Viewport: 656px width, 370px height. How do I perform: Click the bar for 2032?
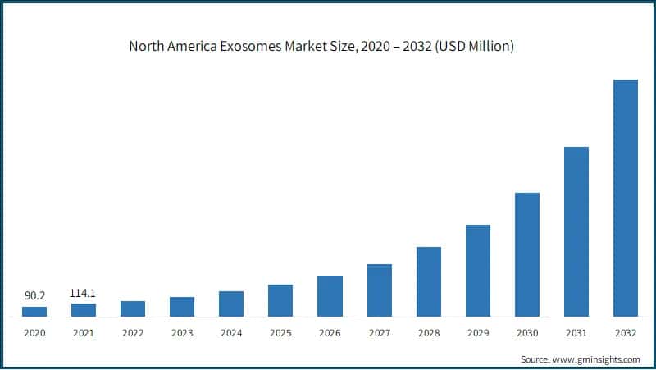[x=625, y=198]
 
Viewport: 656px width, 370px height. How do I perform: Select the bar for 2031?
[x=576, y=231]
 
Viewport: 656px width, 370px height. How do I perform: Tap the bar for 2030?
[x=526, y=254]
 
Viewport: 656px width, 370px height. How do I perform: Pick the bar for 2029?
[x=477, y=271]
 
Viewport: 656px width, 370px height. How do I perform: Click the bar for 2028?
[x=428, y=281]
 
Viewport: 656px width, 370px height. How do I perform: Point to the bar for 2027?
[x=379, y=290]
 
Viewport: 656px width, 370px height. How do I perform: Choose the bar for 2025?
[x=280, y=300]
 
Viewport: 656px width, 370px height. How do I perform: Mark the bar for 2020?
[x=34, y=312]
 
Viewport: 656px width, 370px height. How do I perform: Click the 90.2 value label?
[x=34, y=295]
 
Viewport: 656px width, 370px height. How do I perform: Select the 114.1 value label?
[x=84, y=292]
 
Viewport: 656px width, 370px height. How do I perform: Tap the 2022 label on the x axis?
[x=133, y=333]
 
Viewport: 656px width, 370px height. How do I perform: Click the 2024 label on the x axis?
[x=231, y=333]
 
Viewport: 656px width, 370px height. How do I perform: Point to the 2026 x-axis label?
[x=330, y=333]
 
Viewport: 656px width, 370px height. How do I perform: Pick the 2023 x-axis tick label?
[x=182, y=333]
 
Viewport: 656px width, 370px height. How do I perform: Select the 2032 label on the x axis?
[x=625, y=333]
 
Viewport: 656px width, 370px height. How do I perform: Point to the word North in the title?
[x=148, y=47]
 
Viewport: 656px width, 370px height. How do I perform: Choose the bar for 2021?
[x=84, y=310]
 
